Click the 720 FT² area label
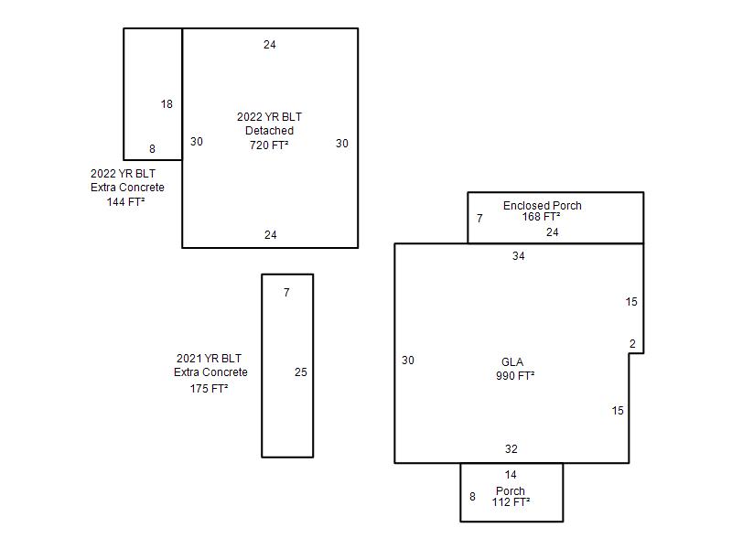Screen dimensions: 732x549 [x=269, y=145]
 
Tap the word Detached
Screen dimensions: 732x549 [x=269, y=131]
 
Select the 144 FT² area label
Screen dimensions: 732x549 [x=125, y=201]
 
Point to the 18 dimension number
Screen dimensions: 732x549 [x=167, y=104]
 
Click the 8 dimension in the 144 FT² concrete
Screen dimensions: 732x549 [x=152, y=149]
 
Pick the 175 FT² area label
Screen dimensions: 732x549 [x=209, y=388]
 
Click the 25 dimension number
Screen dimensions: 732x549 [x=301, y=372]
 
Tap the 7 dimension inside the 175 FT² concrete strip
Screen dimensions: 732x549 [x=286, y=293]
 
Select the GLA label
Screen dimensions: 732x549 [x=512, y=361]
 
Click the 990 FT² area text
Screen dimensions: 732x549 [x=515, y=375]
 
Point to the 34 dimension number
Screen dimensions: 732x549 [x=518, y=256]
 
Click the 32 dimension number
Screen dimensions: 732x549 [x=511, y=449]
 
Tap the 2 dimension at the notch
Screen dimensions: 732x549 [x=632, y=344]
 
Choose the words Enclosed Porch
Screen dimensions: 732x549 [x=542, y=205]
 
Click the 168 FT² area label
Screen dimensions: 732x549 [x=541, y=217]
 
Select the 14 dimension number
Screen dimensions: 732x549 [x=511, y=475]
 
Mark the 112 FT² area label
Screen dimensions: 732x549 [x=511, y=501]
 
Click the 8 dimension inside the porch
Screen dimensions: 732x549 [x=472, y=497]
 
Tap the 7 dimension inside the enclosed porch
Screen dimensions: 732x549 [x=479, y=219]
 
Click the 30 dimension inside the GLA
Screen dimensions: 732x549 [x=407, y=361]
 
